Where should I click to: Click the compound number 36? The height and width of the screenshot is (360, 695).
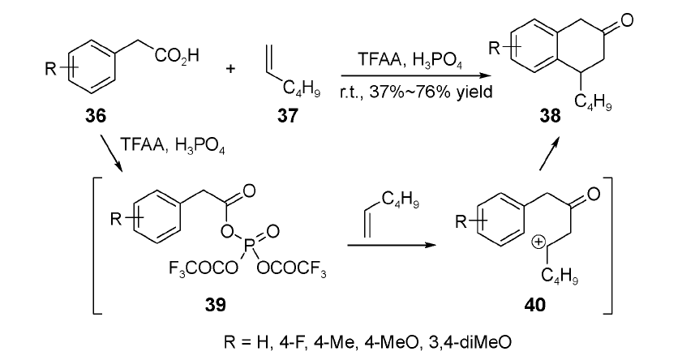coord(97,115)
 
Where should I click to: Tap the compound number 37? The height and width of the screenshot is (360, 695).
coord(288,115)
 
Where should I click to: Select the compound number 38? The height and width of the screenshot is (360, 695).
coord(550,115)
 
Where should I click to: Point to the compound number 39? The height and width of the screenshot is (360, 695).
coord(215,305)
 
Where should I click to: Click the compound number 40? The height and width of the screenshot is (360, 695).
coord(535,305)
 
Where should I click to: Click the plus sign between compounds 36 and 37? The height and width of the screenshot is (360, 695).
coord(230,68)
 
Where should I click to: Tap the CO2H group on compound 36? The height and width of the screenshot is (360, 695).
coord(177,57)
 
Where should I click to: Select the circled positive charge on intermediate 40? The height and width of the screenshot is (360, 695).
coord(538,242)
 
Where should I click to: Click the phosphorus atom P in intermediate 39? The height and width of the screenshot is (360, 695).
coord(249,244)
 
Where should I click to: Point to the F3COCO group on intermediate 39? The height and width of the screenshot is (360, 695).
coord(204,268)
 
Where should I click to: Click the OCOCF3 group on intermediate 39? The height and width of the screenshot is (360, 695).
coord(291,268)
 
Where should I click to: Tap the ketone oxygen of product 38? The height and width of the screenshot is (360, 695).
coord(627,20)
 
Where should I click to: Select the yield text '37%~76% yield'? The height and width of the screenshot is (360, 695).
coord(416,92)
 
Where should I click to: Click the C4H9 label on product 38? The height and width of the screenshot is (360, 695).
coord(594,102)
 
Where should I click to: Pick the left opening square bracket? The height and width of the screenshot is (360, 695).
coord(98,246)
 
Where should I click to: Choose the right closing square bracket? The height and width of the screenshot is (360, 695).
coord(608,246)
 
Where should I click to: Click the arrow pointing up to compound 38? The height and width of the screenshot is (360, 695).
coord(548,153)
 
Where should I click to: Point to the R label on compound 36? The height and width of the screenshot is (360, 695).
coord(50,68)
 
